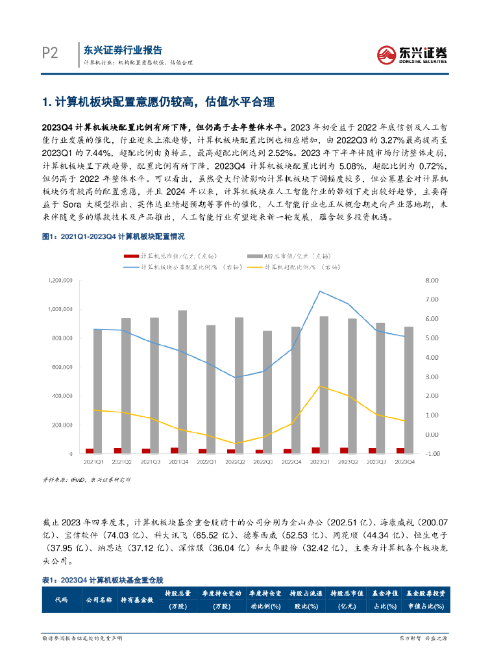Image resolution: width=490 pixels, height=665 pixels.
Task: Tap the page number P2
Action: click(51, 54)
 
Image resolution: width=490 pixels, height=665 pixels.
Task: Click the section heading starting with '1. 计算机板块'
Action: click(158, 102)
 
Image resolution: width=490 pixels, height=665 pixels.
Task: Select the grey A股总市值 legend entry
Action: click(288, 257)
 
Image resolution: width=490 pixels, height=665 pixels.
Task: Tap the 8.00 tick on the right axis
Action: click(432, 281)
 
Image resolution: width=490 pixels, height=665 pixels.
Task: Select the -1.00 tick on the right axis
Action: click(432, 453)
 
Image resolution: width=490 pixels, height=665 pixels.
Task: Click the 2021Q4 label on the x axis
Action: click(177, 462)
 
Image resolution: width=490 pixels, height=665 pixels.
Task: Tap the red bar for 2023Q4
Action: click(400, 450)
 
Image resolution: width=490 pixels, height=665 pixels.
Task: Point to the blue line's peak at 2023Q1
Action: click(320, 291)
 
